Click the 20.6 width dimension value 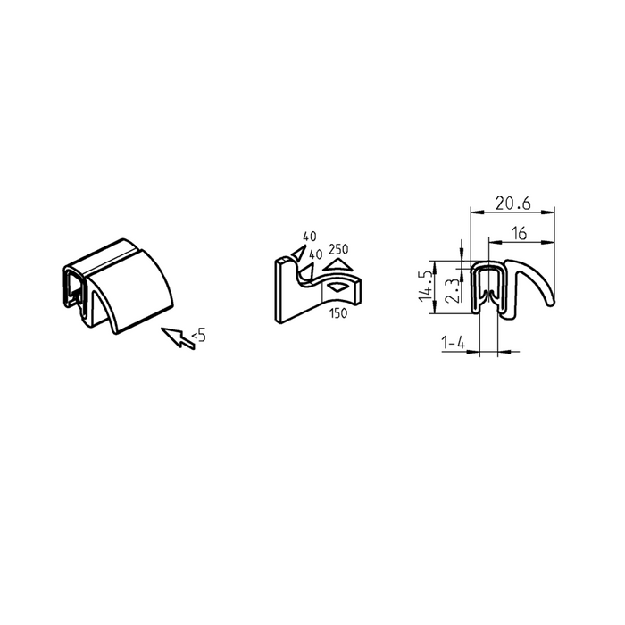coord(513,204)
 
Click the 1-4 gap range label coord(453,342)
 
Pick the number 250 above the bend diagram coord(338,248)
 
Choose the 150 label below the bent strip coord(338,312)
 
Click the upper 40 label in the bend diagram coord(310,236)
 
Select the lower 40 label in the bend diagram coord(314,254)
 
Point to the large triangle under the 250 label coord(337,264)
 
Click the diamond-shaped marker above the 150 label coord(337,288)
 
